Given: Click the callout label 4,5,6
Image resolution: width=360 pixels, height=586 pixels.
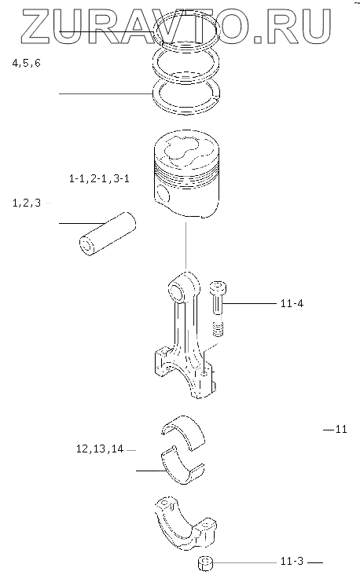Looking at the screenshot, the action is (26, 63).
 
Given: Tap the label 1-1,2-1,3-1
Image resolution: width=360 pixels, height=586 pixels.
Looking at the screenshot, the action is (99, 178).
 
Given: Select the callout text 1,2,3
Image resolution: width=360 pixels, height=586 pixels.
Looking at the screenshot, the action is (27, 203).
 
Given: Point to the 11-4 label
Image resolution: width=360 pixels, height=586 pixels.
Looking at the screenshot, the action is (292, 303).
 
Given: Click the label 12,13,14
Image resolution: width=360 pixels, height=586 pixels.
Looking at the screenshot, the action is (100, 449).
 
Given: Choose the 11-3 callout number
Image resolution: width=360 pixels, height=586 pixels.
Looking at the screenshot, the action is (292, 561).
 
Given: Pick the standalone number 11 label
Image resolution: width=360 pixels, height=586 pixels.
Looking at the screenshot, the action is (341, 429).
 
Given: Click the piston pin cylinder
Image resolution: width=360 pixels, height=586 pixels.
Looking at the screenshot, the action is (107, 234).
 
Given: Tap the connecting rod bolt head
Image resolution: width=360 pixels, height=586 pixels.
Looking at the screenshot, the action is (217, 288).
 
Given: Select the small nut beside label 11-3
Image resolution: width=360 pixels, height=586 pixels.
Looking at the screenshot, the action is (204, 563).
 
